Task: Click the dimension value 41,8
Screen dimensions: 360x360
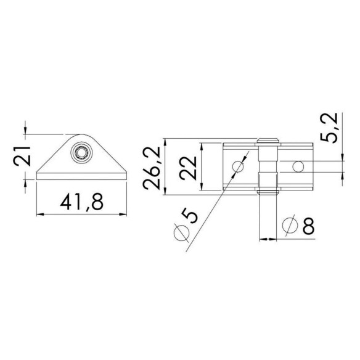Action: [x=82, y=202]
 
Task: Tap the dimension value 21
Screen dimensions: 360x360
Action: [x=22, y=156]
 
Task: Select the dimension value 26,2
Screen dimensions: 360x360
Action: [x=151, y=168]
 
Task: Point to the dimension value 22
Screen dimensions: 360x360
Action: [x=188, y=168]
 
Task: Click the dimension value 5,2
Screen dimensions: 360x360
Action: [x=329, y=128]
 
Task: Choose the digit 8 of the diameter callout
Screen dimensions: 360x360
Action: [x=308, y=226]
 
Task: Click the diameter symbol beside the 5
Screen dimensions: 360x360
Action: [x=182, y=232]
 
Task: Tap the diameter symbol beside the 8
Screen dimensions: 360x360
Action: [x=290, y=225]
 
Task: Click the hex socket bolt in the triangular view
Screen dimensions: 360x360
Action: [x=81, y=152]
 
